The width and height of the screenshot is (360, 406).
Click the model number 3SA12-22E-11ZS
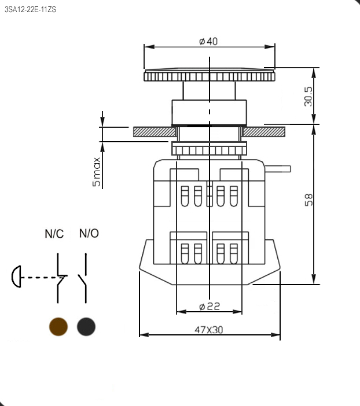point(31,9)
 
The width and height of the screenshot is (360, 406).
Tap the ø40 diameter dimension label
point(208,42)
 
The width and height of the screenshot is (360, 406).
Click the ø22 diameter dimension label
point(208,306)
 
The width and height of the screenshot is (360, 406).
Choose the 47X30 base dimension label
point(208,330)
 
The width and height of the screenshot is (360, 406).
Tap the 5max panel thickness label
point(96,171)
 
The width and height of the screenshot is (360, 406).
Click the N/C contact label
point(54,234)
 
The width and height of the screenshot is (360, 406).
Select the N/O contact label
point(89,234)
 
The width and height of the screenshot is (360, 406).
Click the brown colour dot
point(58,327)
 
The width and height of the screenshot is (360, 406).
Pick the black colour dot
point(86,327)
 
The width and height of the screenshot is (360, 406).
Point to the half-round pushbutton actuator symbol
point(16,277)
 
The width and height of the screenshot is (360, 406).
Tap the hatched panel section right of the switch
point(265,132)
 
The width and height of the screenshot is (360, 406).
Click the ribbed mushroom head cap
point(209,75)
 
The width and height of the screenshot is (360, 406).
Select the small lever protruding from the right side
point(278,169)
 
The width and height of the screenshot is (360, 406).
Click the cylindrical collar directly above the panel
point(209,112)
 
